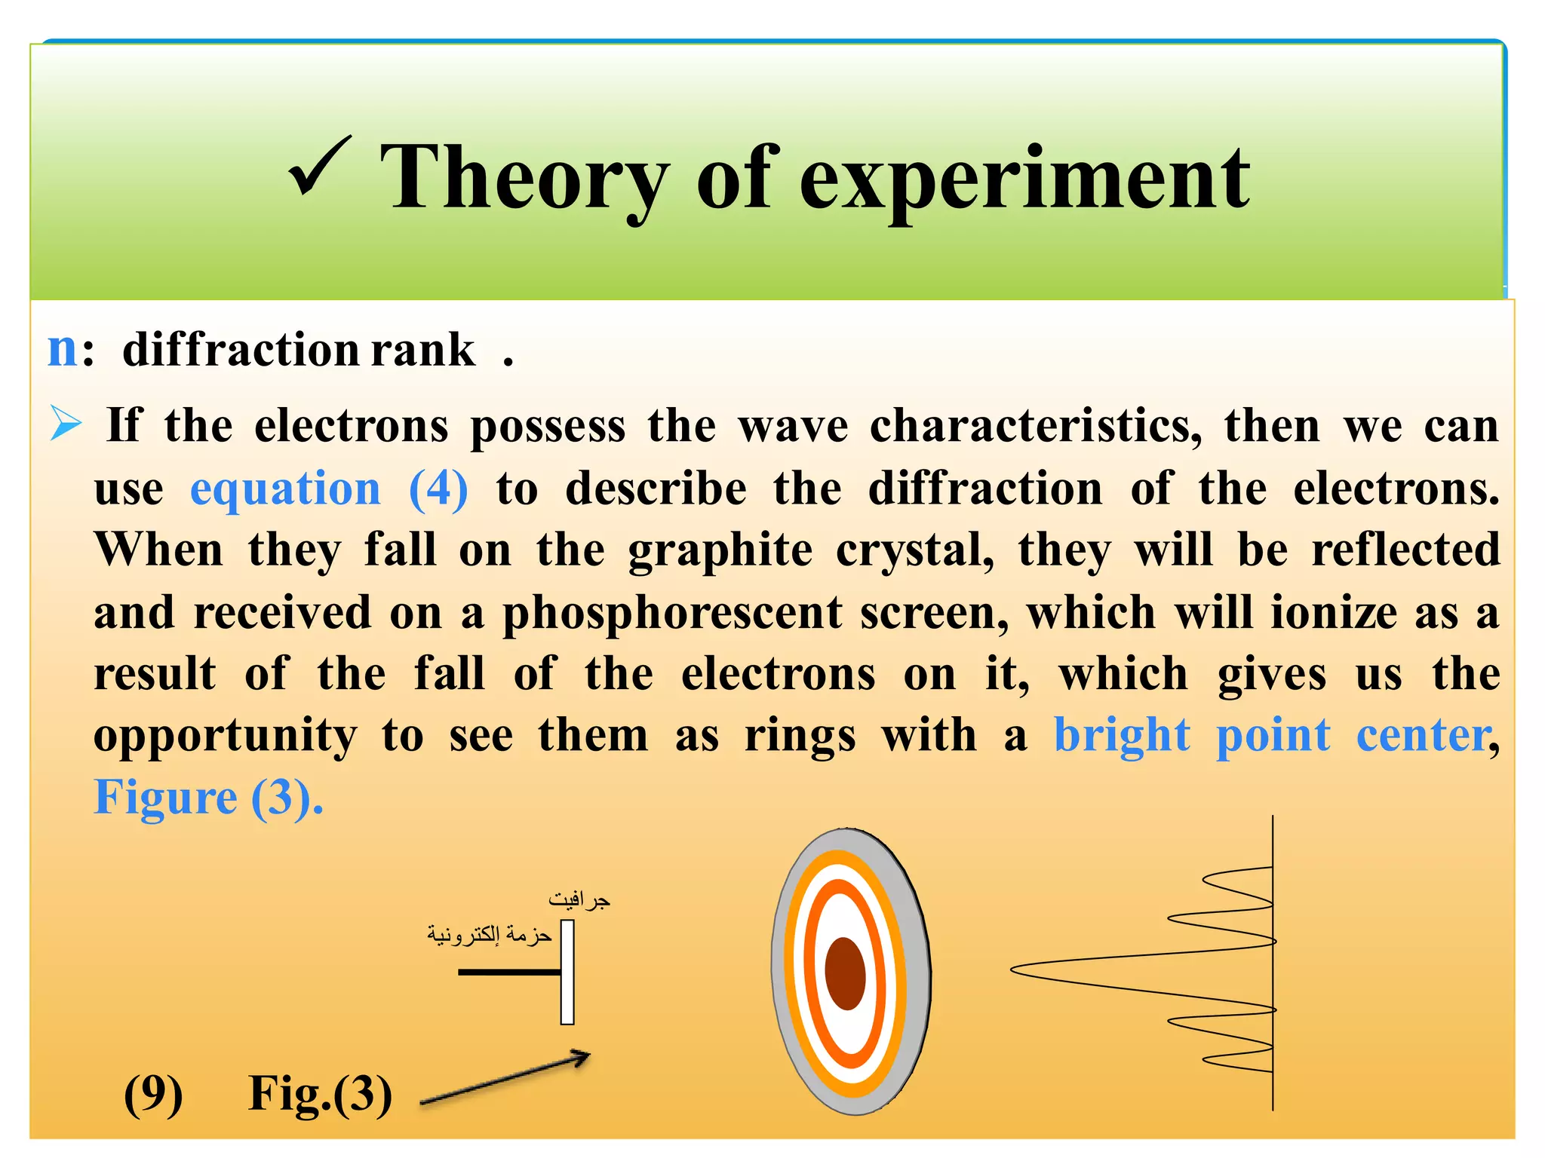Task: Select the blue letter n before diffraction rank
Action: coord(63,350)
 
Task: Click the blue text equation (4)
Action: coord(329,489)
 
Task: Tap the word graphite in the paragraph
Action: coord(720,550)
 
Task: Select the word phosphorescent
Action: coord(672,612)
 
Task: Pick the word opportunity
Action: coord(225,736)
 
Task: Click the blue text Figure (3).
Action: coord(208,798)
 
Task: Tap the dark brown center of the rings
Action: coord(845,973)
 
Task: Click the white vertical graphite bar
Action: coord(567,972)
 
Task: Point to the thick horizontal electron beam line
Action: coord(509,972)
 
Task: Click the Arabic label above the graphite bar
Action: coord(579,900)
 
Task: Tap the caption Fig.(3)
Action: coord(320,1094)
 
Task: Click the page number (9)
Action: coord(153,1094)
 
